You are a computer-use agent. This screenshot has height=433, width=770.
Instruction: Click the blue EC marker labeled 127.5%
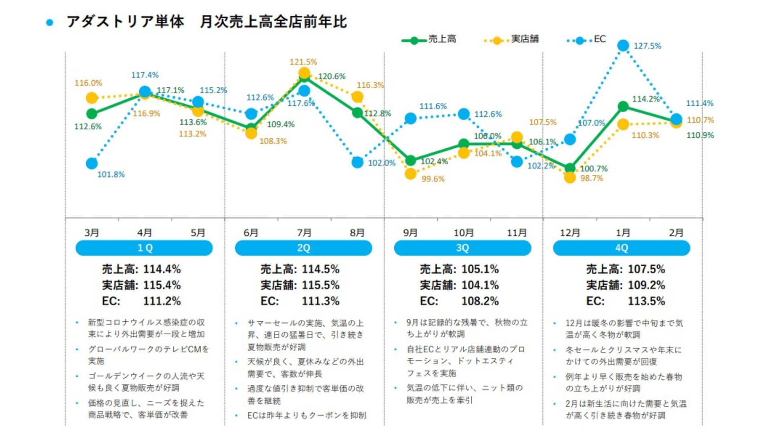click(x=623, y=46)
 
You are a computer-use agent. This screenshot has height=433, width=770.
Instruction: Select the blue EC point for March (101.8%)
click(x=92, y=163)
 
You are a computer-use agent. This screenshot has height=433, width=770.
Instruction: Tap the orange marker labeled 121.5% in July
click(x=304, y=73)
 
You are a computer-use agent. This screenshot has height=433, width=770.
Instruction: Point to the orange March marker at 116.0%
click(x=92, y=98)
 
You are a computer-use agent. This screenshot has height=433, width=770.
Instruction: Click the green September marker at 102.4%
click(x=410, y=160)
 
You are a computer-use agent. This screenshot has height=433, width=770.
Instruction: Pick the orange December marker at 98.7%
click(x=569, y=177)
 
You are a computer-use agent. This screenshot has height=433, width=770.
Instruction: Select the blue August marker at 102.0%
click(x=357, y=162)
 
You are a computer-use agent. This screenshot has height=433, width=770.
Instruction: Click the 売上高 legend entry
click(x=429, y=39)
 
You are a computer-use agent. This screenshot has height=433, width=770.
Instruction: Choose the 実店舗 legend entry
click(x=512, y=39)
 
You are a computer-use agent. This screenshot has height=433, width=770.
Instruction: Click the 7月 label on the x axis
click(x=304, y=233)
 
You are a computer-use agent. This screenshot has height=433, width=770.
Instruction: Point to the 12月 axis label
click(x=569, y=233)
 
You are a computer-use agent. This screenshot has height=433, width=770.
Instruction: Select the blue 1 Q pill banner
click(x=144, y=248)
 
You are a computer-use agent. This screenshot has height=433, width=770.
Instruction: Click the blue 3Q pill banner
click(x=462, y=248)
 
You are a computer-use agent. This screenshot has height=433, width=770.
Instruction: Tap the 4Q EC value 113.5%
click(x=646, y=301)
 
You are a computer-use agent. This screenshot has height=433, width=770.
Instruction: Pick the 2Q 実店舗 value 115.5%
click(x=320, y=285)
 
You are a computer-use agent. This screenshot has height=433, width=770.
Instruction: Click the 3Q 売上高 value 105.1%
click(x=480, y=269)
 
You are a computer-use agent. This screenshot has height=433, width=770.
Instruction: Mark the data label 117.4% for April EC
click(x=145, y=75)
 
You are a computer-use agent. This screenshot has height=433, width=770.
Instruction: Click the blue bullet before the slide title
click(x=50, y=22)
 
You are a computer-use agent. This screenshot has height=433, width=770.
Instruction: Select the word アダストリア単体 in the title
click(x=126, y=22)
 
